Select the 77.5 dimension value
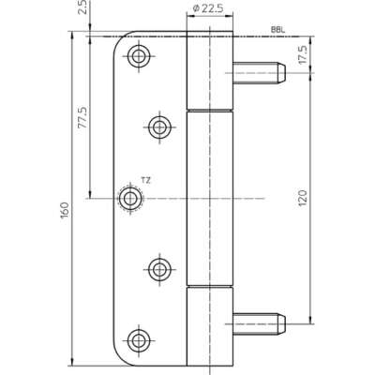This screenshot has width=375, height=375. pos(82,118)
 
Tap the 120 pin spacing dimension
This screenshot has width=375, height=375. pos(303,198)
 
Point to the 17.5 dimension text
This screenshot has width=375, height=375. pos(303,54)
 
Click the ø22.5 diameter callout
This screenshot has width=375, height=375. pos(208,8)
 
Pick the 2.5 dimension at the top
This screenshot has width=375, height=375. pos(83,7)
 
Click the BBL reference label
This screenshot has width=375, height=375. pos(278,30)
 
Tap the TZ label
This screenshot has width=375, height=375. pos(145,180)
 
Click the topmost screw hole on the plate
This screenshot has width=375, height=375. pos(139,56)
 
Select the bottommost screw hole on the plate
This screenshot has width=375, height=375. pos(138,340)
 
